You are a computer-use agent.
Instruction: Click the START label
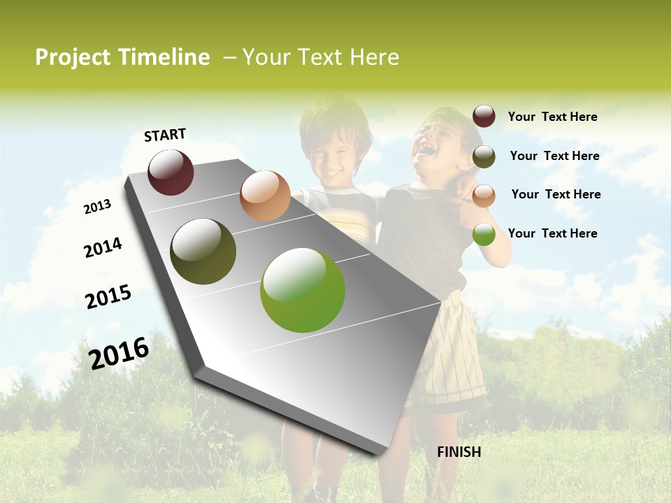(x=165, y=135)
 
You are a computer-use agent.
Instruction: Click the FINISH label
(x=459, y=452)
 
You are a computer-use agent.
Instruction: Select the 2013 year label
(x=97, y=207)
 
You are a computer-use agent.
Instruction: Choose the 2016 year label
(x=119, y=353)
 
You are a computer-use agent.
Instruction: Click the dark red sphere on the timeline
(x=171, y=172)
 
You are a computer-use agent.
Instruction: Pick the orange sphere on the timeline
(x=265, y=196)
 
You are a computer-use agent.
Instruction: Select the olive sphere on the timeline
(x=203, y=251)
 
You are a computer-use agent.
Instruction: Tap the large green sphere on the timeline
(x=303, y=290)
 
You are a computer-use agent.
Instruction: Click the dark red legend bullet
(x=484, y=117)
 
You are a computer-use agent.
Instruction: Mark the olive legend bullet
(x=484, y=156)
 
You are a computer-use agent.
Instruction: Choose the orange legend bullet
(x=484, y=196)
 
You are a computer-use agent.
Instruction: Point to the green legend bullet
(x=484, y=235)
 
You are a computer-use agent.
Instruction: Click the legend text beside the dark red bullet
(x=552, y=117)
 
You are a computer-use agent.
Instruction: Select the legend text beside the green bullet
(x=552, y=233)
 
